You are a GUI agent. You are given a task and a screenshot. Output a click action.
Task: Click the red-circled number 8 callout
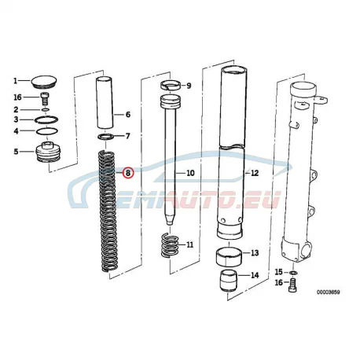pyautogui.click(x=128, y=173)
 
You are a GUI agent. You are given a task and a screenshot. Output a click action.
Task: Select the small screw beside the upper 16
pyautogui.click(x=45, y=99)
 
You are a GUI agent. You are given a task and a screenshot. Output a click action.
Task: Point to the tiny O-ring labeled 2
pyautogui.click(x=45, y=109)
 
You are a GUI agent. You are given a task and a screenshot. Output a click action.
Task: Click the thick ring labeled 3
pyautogui.click(x=46, y=119)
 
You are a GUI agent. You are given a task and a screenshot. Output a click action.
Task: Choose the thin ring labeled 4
pyautogui.click(x=46, y=130)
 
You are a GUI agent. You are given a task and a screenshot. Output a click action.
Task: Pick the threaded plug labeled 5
pyautogui.click(x=48, y=152)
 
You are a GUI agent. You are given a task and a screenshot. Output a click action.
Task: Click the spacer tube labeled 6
pyautogui.click(x=105, y=103)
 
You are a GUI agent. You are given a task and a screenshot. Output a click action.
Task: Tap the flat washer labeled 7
pyautogui.click(x=105, y=137)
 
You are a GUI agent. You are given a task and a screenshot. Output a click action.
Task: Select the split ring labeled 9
pyautogui.click(x=171, y=86)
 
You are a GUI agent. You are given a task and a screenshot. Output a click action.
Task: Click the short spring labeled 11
pyautogui.click(x=170, y=245)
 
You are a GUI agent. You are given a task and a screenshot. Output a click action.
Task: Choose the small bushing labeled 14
pyautogui.click(x=230, y=281)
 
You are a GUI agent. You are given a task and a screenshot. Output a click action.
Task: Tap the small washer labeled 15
pyautogui.click(x=294, y=273)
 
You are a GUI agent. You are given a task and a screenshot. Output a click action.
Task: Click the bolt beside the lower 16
pyautogui.click(x=292, y=285)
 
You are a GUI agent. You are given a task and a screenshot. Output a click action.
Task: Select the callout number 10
pyautogui.click(x=190, y=173)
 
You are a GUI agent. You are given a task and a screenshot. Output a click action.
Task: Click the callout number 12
pyautogui.click(x=255, y=173)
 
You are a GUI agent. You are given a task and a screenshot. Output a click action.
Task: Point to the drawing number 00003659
pyautogui.click(x=329, y=292)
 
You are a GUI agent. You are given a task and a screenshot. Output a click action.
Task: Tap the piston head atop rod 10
pyautogui.click(x=171, y=102)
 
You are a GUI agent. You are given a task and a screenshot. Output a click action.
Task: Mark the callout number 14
pyautogui.click(x=255, y=275)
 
